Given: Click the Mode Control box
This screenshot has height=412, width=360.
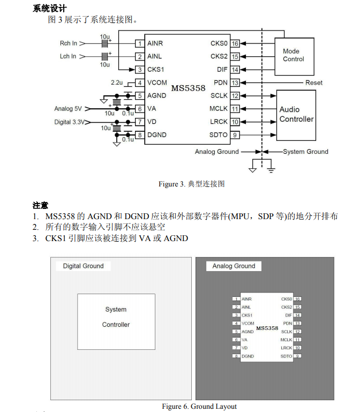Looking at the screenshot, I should [x=294, y=55].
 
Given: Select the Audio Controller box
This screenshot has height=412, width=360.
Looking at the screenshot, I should [x=296, y=114].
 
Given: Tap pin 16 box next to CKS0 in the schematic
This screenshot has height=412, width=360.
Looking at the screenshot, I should [x=235, y=43].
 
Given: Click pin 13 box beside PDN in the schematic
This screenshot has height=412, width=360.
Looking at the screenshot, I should [x=235, y=83].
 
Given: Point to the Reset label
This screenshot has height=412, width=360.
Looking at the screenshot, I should [x=314, y=83].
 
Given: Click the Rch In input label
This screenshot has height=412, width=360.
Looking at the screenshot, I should [x=68, y=43].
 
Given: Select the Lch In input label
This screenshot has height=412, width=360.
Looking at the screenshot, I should [x=68, y=56].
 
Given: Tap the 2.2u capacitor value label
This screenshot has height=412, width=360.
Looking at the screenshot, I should [x=116, y=83].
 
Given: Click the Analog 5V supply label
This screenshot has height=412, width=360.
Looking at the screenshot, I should [x=68, y=109].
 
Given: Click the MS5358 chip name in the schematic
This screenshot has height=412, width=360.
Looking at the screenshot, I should [x=188, y=88].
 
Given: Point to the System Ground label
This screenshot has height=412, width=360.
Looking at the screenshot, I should [x=305, y=152].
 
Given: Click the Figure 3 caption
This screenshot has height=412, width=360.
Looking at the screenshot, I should [x=191, y=184].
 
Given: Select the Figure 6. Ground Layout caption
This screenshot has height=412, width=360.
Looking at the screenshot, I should [x=199, y=406].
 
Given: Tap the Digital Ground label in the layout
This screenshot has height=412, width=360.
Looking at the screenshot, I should [x=83, y=266].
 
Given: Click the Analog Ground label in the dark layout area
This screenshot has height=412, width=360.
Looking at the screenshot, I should [x=234, y=266].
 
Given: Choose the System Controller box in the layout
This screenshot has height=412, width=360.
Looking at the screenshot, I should [x=116, y=317].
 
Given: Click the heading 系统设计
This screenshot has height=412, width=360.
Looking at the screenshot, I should [x=49, y=8].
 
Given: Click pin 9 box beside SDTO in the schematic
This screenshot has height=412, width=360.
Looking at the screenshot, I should [x=235, y=135].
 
